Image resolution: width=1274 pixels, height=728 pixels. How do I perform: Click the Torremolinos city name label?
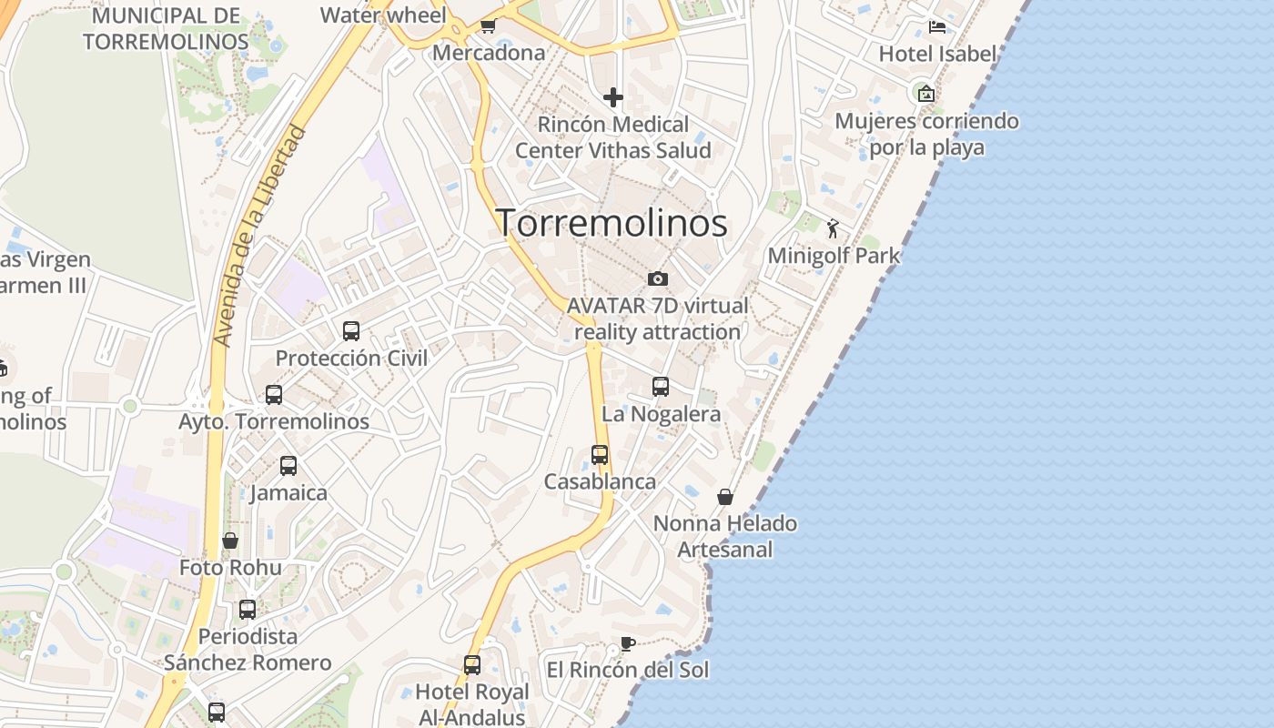(x=612, y=223)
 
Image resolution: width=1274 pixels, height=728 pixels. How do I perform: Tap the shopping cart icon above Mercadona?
(x=488, y=25)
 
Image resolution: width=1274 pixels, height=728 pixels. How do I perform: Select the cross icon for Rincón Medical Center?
(x=613, y=96)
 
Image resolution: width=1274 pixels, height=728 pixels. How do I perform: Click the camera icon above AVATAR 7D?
(x=658, y=278)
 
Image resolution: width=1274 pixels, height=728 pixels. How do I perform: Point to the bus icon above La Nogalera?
(x=661, y=387)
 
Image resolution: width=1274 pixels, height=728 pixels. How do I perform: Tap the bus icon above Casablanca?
(x=600, y=454)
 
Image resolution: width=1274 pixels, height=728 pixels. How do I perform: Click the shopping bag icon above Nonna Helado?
(x=725, y=497)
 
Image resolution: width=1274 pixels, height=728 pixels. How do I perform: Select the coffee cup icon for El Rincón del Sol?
(x=627, y=644)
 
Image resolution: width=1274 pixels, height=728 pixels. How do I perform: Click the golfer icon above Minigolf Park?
(x=833, y=228)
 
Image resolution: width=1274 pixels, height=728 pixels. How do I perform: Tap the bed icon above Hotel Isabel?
(x=937, y=26)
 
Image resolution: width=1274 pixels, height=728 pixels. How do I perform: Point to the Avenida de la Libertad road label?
(x=260, y=237)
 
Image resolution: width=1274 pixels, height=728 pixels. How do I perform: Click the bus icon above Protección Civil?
(x=351, y=331)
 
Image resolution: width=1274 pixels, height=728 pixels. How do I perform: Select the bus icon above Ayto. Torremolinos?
(x=274, y=395)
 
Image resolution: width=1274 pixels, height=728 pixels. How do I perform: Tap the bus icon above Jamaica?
(x=288, y=466)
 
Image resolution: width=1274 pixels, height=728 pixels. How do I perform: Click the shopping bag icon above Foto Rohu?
(x=230, y=541)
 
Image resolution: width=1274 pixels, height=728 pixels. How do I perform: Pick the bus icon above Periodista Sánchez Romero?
(x=248, y=610)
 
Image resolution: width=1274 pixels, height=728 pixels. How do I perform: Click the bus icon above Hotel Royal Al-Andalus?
(x=471, y=665)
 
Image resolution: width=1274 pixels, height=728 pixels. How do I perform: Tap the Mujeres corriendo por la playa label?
(x=926, y=134)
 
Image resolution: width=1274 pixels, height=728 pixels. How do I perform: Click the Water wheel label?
(x=383, y=15)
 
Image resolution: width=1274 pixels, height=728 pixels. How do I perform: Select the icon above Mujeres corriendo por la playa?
(x=926, y=93)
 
